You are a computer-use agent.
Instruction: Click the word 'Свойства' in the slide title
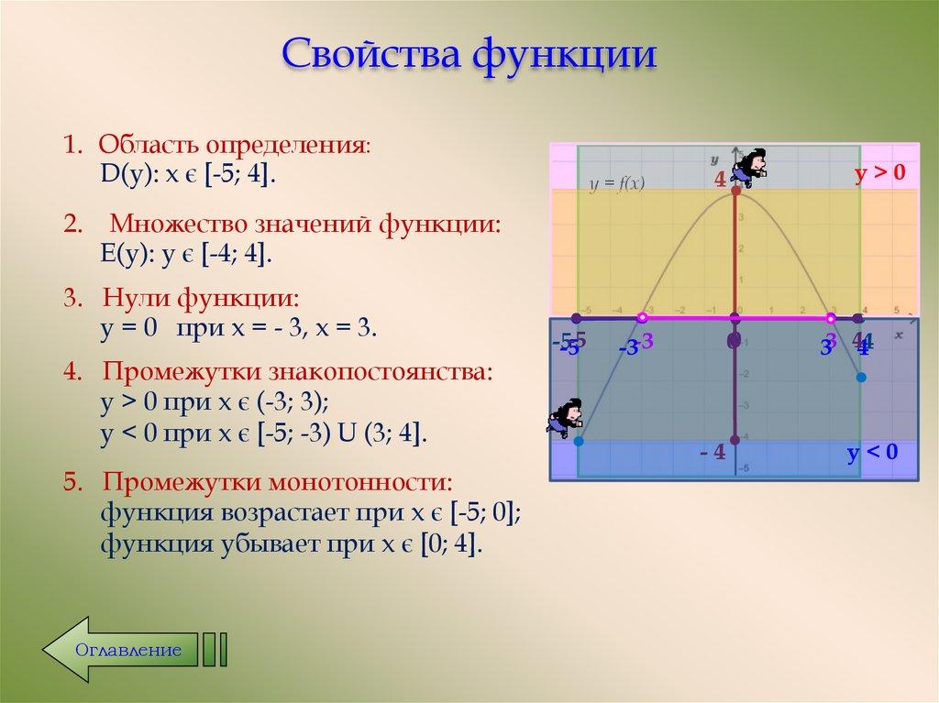coord(370,54)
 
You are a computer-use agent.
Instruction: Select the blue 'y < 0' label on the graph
coord(872,453)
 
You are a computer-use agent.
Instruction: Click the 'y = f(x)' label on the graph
coord(617,184)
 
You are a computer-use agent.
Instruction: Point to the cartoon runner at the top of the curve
coord(751,166)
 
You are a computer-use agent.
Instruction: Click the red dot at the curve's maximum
coord(735,190)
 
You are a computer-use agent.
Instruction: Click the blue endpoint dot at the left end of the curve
coord(579,441)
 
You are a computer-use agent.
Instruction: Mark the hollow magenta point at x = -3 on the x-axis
coord(642,318)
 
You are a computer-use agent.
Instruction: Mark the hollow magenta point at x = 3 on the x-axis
coord(831,318)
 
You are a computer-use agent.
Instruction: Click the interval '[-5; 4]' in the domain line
coord(241,175)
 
